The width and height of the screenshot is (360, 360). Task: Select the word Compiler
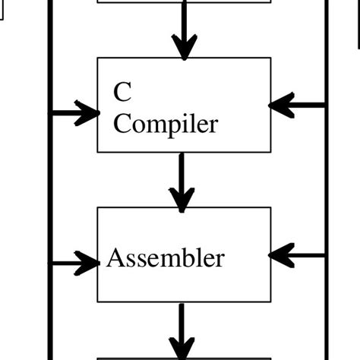pos(166,123)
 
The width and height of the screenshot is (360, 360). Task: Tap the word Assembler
pos(166,258)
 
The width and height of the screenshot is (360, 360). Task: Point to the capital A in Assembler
pos(115,258)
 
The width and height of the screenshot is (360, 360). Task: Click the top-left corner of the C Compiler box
pos(98,58)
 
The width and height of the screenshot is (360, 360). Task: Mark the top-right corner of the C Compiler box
pos(270,58)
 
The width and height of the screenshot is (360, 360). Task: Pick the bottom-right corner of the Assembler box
pos(270,302)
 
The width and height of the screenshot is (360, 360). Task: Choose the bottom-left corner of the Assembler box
pos(98,302)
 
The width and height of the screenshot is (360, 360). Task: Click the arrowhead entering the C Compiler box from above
pos(183,48)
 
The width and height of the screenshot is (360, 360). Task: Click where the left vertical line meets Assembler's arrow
pos(51,264)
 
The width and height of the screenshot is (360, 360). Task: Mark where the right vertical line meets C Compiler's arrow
pos(327,106)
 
